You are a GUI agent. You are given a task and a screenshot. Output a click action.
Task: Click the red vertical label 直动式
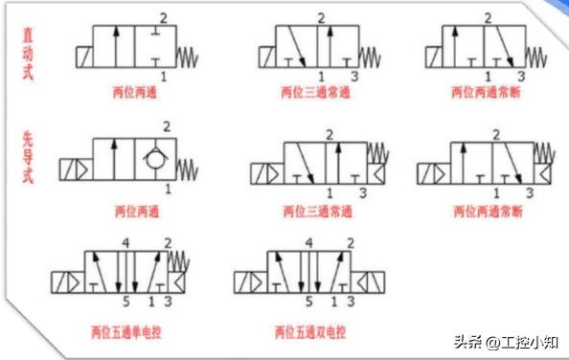pos(29,54)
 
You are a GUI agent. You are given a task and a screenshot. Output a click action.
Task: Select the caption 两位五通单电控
pos(125,332)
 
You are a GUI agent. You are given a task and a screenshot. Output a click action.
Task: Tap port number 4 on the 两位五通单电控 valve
pos(125,244)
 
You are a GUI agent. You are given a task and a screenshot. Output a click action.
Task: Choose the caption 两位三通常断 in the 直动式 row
pos(484,95)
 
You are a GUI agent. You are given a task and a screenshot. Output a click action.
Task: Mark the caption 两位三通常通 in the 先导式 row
pos(317,211)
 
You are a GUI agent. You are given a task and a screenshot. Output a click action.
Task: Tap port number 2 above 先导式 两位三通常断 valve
pos(495,133)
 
